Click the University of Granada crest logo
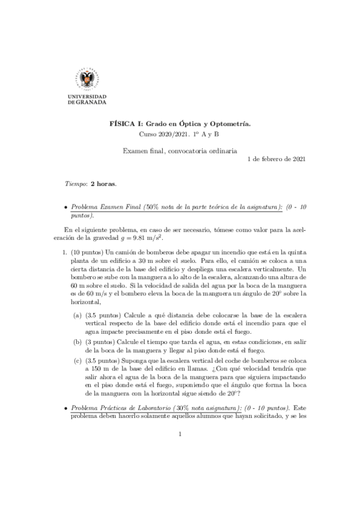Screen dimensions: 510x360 [88, 78]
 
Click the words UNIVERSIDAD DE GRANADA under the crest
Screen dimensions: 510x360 [88, 99]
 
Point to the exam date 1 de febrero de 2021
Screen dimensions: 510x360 [276, 159]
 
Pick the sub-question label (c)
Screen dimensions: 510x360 [78, 361]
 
